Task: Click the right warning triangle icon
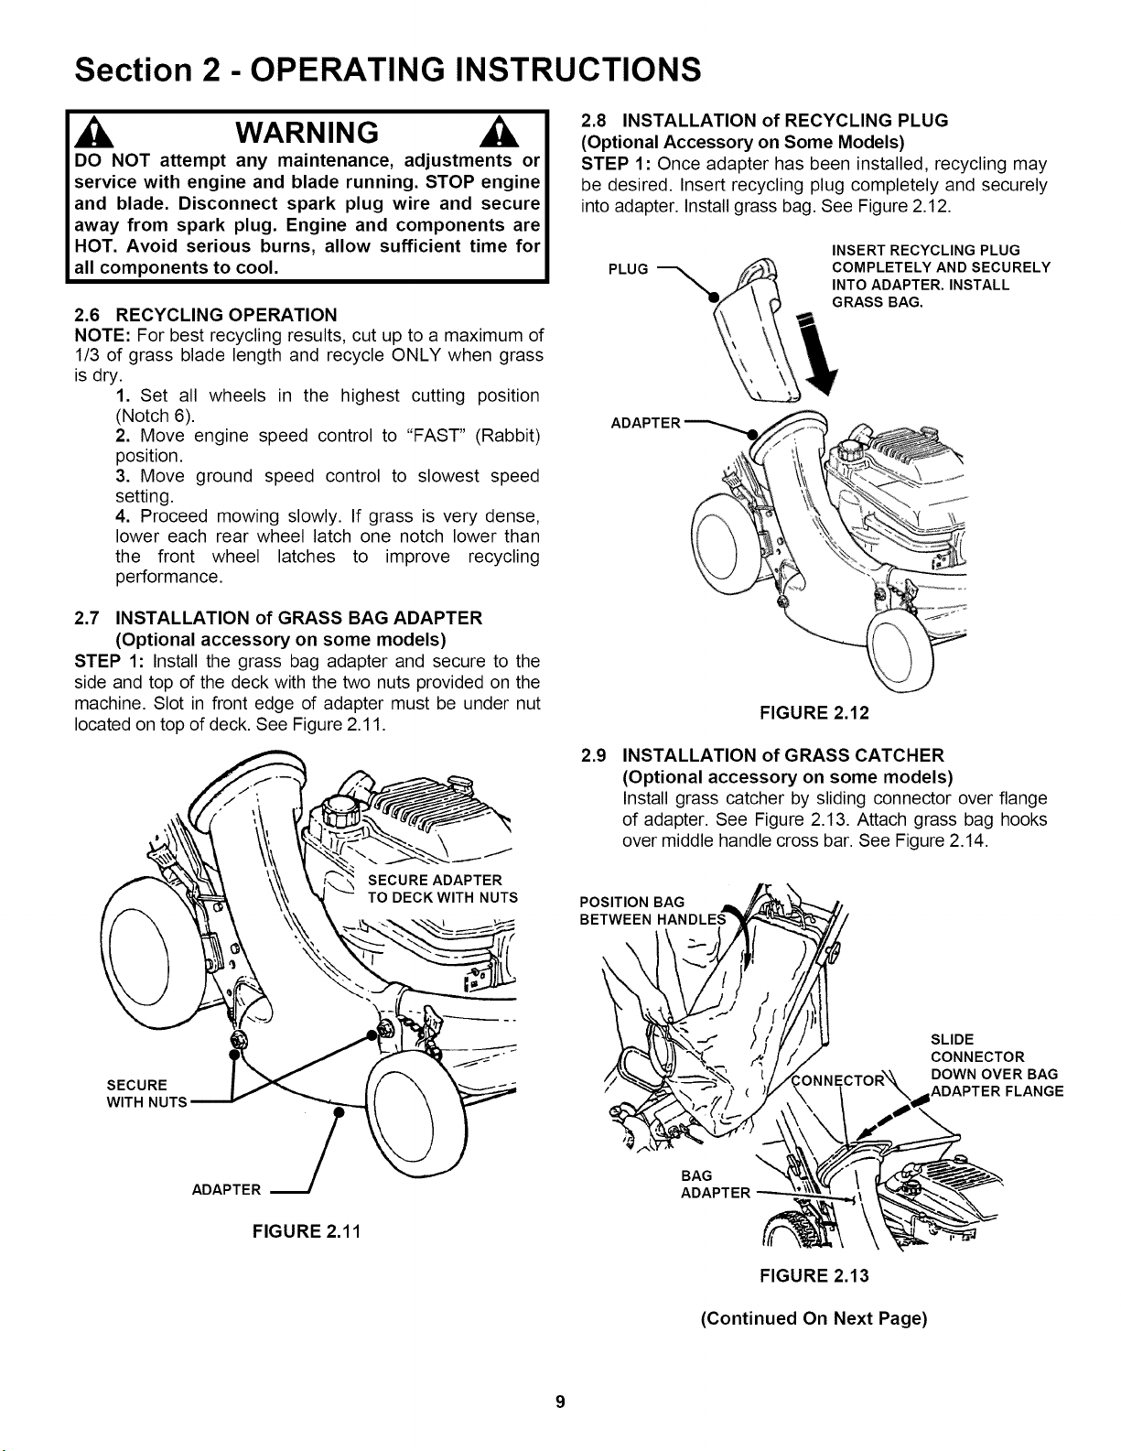(x=504, y=132)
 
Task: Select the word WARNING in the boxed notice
(x=307, y=132)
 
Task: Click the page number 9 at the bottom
(x=560, y=1401)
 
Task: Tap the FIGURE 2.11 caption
(x=307, y=1231)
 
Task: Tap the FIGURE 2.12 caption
(x=814, y=712)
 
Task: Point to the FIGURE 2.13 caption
(x=814, y=1275)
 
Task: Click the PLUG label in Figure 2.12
(x=628, y=269)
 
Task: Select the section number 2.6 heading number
(x=88, y=315)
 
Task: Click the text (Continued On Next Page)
(x=814, y=1318)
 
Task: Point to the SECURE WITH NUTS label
(x=146, y=1093)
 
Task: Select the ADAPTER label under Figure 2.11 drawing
(x=226, y=1190)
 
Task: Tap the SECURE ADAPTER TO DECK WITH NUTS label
(x=442, y=889)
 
